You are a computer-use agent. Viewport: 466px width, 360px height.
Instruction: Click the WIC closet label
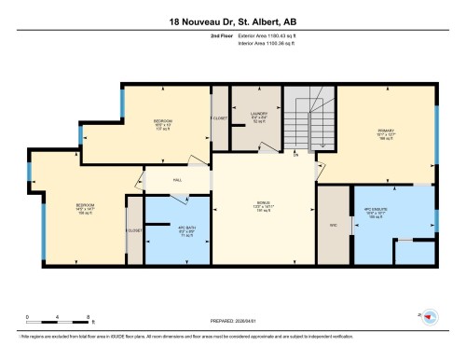point(333,224)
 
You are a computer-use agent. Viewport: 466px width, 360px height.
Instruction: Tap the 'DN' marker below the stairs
point(295,155)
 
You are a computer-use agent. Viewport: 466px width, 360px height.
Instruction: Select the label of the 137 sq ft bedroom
point(162,123)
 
